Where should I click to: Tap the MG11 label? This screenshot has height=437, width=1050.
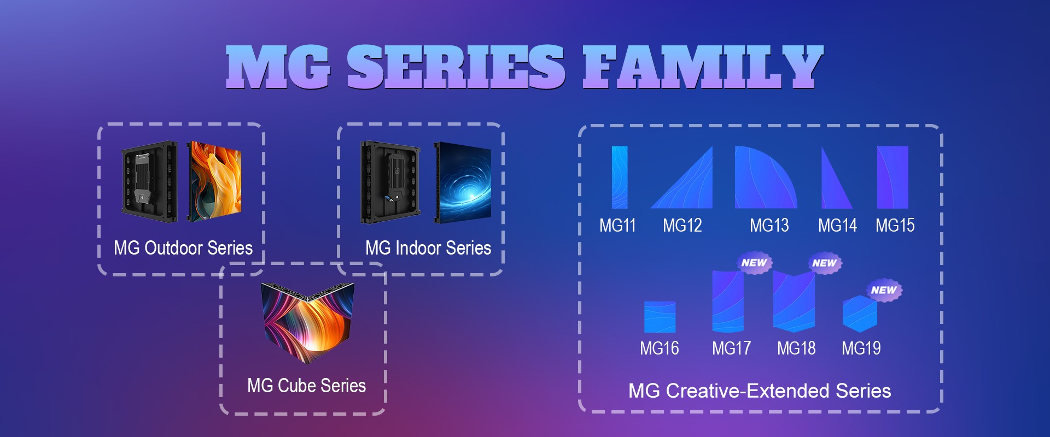click(617, 225)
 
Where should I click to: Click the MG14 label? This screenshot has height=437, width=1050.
click(837, 225)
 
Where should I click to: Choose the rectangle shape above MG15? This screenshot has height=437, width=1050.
click(892, 177)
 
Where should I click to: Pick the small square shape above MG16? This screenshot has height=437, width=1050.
click(660, 317)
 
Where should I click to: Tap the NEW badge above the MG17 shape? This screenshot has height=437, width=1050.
click(754, 263)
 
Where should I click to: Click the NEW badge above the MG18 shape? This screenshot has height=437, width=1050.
click(825, 263)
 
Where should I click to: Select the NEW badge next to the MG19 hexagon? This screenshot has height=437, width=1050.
click(884, 290)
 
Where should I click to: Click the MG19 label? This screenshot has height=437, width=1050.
click(861, 348)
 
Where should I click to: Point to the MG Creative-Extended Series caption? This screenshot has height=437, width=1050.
click(760, 391)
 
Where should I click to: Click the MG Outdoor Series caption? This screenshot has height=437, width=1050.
click(183, 248)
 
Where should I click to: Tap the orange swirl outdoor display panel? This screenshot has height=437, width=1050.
click(215, 182)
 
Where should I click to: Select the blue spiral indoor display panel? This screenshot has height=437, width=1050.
click(463, 183)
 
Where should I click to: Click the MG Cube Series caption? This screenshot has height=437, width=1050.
click(306, 386)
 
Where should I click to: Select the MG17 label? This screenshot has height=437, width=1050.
click(731, 348)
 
